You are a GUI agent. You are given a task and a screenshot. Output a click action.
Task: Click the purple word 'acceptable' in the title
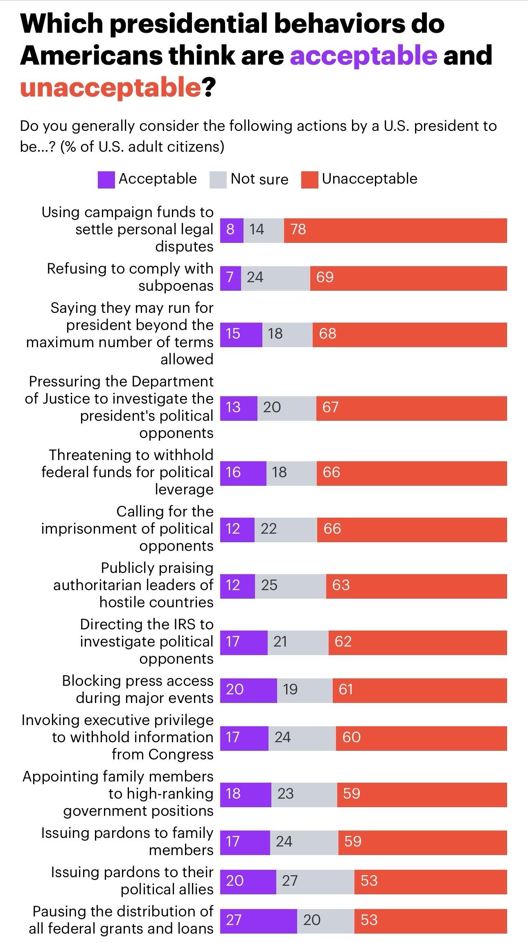pos(363,55)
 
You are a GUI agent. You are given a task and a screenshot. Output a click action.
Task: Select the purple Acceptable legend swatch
pos(106,180)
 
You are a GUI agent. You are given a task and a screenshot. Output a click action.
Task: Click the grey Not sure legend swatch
pos(218,180)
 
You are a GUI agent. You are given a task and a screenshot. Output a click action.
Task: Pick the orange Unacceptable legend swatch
pos(309,180)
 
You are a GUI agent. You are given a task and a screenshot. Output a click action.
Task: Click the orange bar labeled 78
pos(395,230)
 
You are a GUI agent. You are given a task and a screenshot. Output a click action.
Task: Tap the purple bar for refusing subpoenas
pos(230,278)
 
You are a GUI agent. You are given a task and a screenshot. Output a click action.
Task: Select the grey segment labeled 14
pos(264,230)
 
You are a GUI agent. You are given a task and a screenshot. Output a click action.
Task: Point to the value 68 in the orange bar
pos(328,334)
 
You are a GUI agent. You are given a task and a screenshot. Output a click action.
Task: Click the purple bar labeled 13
pos(239,408)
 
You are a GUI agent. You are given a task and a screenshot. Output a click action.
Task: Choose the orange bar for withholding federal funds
pos(411,473)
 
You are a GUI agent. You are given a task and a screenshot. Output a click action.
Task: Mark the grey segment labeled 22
pos(285,530)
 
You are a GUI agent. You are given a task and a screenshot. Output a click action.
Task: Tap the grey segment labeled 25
pos(290,586)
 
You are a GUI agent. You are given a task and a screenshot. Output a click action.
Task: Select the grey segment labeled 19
pos(305,690)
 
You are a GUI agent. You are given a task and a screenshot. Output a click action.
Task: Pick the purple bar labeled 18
pos(246,795)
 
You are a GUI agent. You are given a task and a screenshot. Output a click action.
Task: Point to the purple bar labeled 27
pos(258,921)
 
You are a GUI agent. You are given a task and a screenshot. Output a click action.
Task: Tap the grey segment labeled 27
pos(315,882)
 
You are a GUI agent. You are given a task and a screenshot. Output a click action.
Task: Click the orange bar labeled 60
pos(421,738)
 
